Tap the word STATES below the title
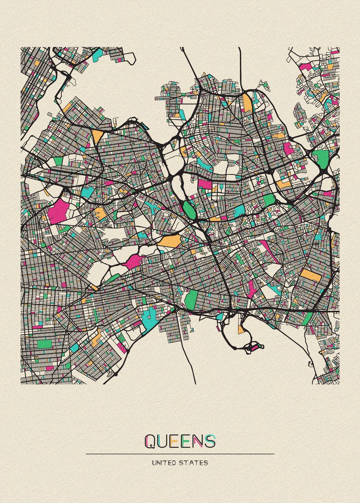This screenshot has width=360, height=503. click(x=196, y=463)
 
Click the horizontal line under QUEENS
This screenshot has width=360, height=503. click(x=180, y=454)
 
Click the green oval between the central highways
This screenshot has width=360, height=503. click(x=188, y=207)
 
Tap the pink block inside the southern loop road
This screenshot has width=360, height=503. click(x=255, y=347)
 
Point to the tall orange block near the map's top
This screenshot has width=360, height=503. click(x=247, y=103)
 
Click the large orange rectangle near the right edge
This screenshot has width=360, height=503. click(x=310, y=275)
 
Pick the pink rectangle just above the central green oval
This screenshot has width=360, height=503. click(x=205, y=184)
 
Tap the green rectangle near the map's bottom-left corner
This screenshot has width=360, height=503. click(x=45, y=344)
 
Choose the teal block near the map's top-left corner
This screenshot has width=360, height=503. click(x=97, y=54)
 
